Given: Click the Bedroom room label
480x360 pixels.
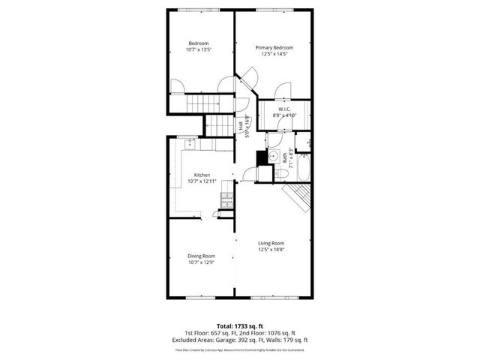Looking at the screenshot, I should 198,43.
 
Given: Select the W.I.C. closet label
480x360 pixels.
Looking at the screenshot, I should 285,109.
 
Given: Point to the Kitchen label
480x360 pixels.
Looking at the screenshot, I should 202,175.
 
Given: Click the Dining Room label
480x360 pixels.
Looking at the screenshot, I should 202,256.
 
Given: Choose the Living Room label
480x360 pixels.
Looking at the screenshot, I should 271,243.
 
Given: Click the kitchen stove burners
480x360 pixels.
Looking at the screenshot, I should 226,199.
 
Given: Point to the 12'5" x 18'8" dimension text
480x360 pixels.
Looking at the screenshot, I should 271,250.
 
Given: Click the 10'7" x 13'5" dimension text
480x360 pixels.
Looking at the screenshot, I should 198,49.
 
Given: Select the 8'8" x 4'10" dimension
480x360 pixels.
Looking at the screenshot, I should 285,115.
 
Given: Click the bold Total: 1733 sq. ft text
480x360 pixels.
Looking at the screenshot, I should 240,326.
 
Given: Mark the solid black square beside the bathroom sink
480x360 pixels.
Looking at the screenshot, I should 262,157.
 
